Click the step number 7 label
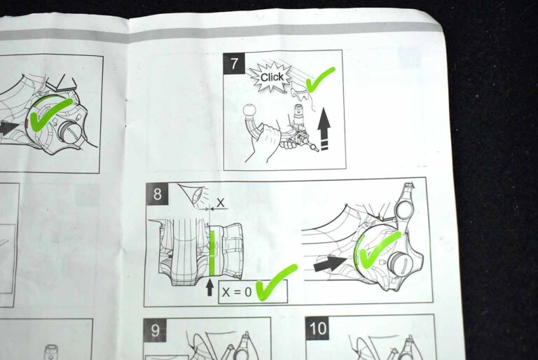pos(234,64)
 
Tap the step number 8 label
pos(157,194)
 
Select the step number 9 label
pos(155,330)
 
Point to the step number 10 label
pos(317,328)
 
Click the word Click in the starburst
pos(272,77)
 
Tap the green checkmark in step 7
pos(319,79)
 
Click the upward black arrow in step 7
pos(324,129)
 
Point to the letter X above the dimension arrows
pos(220,202)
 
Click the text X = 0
pos(237,292)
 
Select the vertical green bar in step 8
pos(212,254)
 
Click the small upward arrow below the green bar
pos(209,288)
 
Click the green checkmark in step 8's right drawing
pos(378,250)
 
